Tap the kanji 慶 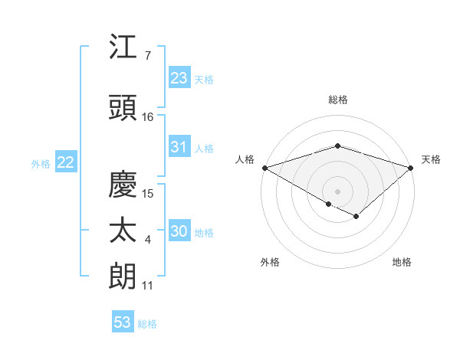coord(123,184)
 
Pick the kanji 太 coord(123,231)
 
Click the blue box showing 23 coord(179,78)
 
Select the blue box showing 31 coord(179,147)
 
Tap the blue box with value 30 coord(179,232)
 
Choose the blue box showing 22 coord(66,162)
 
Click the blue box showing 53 coord(123,322)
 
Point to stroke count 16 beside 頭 coord(148,116)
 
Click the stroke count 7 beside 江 coord(147,55)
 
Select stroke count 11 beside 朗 coord(148,286)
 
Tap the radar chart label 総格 coord(337,100)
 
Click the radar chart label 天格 coord(431,159)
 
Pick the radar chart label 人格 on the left coord(245,159)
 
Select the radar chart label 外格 coord(270,262)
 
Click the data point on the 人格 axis coord(264,167)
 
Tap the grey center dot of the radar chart coord(337,191)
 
